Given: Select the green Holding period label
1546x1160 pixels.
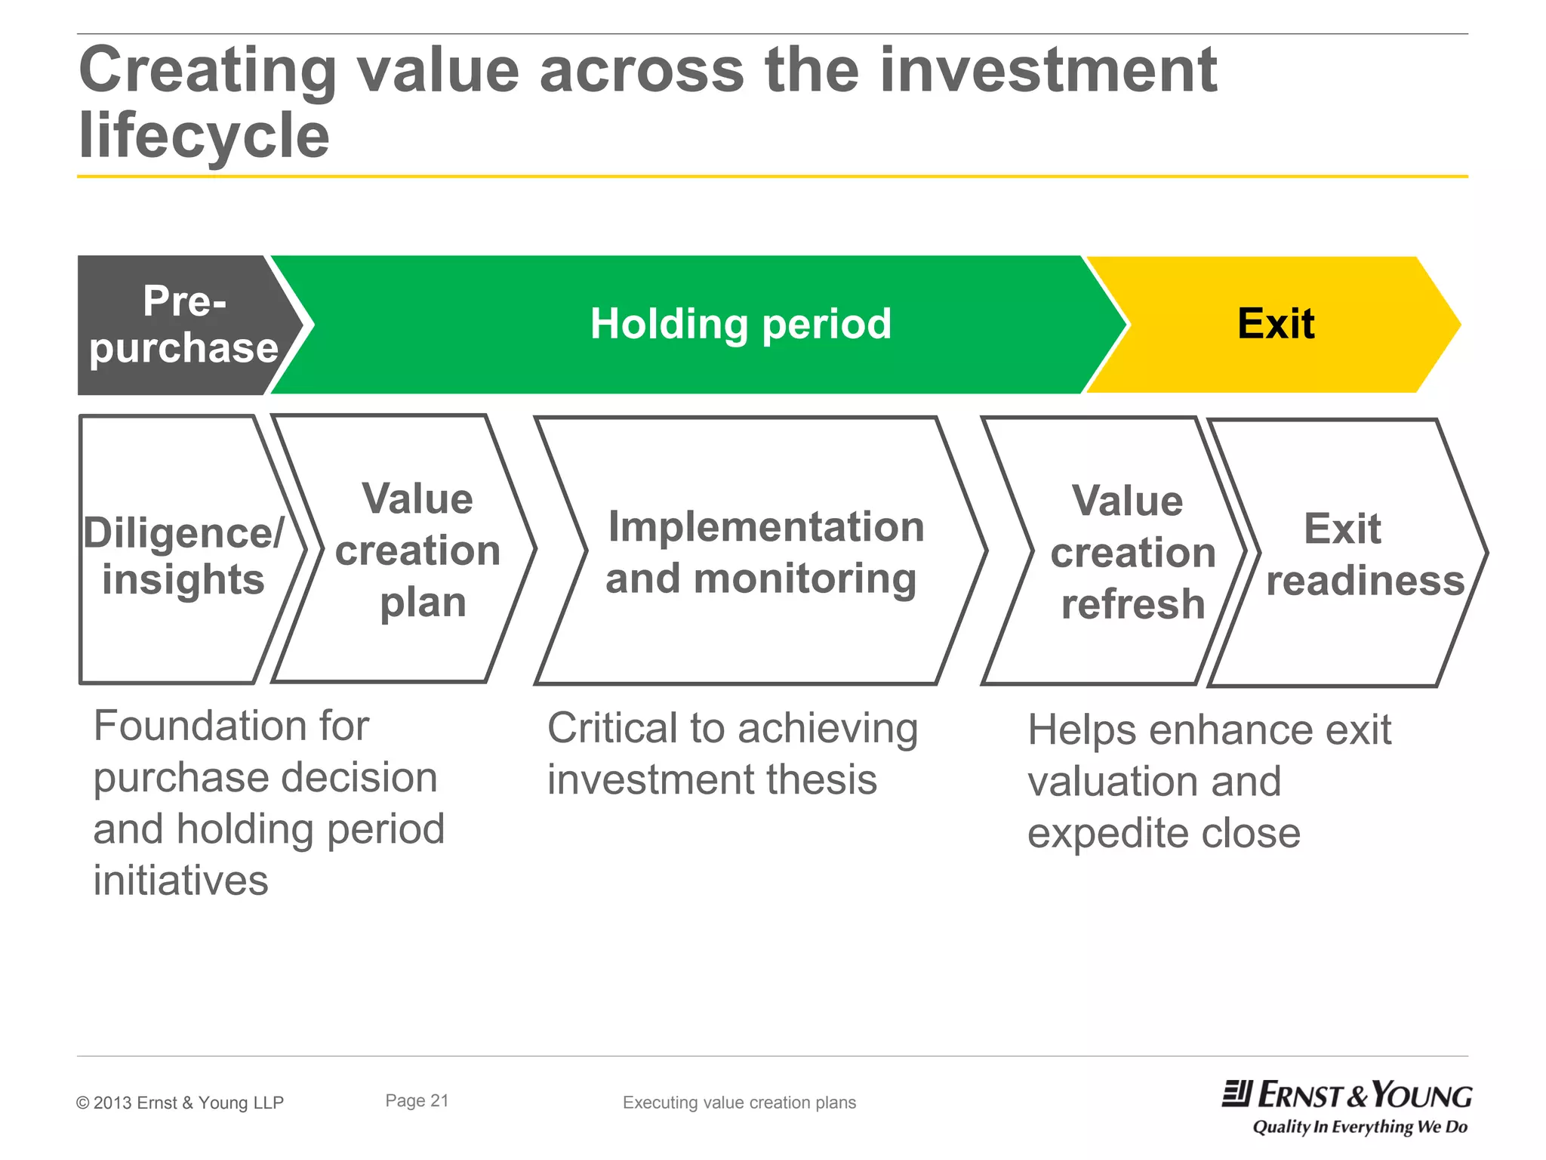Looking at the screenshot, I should pos(740,324).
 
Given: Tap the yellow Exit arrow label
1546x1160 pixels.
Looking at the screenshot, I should pos(1276,324).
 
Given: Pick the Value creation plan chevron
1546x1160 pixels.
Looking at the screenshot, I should pos(417,550).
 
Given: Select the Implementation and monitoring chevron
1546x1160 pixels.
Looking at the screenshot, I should pos(764,552).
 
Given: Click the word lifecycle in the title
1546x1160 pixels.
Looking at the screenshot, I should pos(204,136).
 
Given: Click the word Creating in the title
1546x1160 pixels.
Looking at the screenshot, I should pos(208,71).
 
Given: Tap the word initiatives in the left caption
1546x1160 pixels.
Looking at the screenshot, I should pos(180,881).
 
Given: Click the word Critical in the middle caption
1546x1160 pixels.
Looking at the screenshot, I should pos(612,729).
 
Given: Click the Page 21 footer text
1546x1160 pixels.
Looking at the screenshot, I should pos(417,1101).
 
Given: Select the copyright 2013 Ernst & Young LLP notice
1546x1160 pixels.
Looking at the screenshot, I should pos(180,1103).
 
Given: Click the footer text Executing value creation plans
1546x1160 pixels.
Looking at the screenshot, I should pos(739,1103).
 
